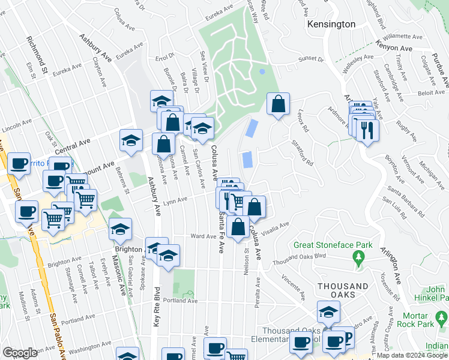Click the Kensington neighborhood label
click(x=331, y=25)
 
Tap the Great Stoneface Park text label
click(x=333, y=245)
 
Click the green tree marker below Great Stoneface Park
click(x=359, y=259)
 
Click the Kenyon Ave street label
click(x=394, y=46)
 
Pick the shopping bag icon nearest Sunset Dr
click(x=278, y=104)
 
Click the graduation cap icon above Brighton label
click(x=120, y=229)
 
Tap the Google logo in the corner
click(x=20, y=353)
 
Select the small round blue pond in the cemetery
click(x=261, y=71)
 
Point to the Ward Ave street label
click(x=203, y=236)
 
